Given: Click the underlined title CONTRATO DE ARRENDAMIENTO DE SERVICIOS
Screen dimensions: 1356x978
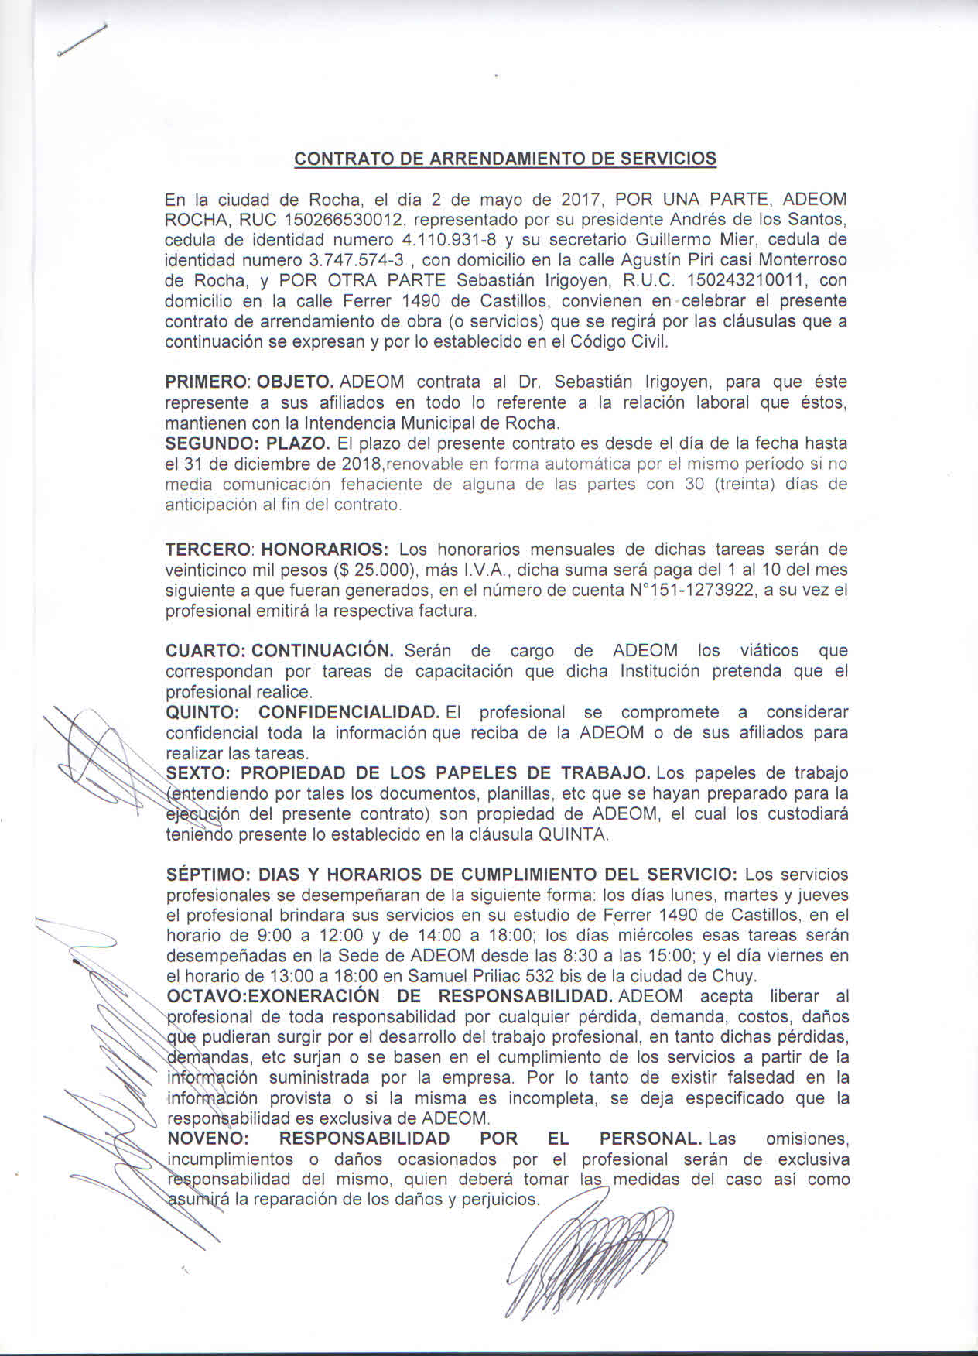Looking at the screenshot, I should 505,159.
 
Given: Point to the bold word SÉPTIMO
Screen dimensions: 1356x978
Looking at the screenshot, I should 203,875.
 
